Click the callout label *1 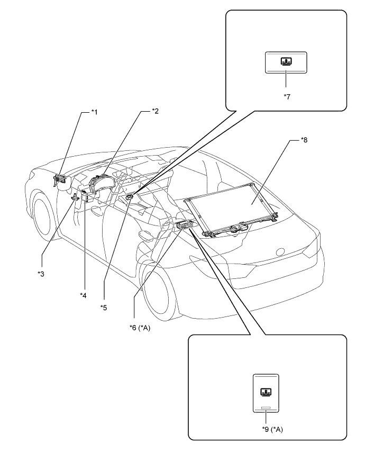(95, 112)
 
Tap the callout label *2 (156, 111)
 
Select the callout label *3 (41, 274)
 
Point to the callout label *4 (83, 295)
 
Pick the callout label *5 (104, 308)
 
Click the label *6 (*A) (140, 328)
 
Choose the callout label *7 (287, 96)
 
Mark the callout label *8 (304, 140)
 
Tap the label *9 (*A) (272, 430)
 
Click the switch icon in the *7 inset (286, 62)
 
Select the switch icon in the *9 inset (266, 392)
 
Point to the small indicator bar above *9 (266, 408)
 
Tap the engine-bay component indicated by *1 (61, 180)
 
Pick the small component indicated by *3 (76, 197)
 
